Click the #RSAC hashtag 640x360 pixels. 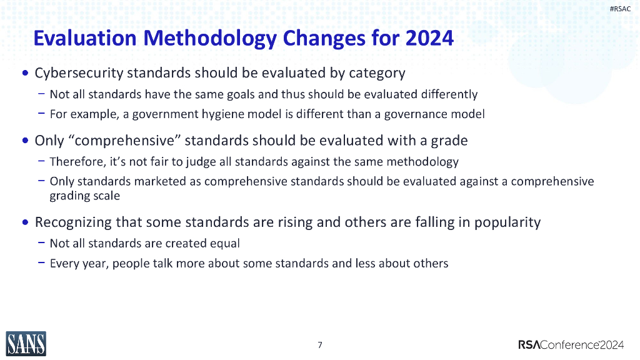click(619, 8)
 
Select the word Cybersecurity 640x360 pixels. click(79, 73)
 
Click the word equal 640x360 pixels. click(225, 243)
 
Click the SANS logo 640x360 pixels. click(26, 343)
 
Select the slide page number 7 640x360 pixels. click(320, 345)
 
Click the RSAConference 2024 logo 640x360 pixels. click(571, 344)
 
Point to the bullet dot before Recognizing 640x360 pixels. click(25, 222)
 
